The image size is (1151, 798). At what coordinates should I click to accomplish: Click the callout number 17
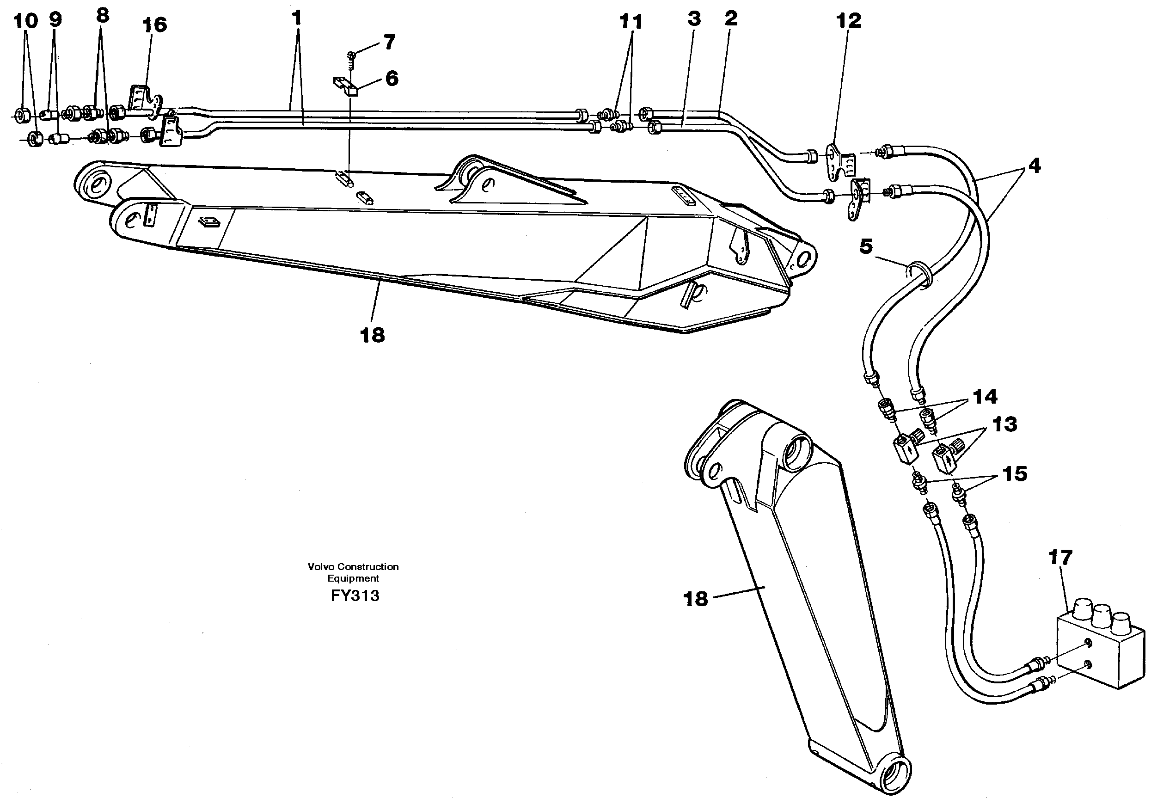pos(1060,558)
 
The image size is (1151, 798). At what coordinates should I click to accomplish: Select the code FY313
pos(355,596)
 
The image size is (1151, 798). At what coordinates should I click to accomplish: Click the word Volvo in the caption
pos(320,566)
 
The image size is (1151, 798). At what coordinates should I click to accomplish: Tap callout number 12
pos(849,20)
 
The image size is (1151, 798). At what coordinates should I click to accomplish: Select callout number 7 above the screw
pos(389,42)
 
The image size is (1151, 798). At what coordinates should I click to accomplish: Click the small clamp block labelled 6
pos(345,86)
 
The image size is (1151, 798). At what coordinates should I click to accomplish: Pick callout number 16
pos(154,25)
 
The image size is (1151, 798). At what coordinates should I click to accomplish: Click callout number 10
pos(25,21)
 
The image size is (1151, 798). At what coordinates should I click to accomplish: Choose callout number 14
pos(985,397)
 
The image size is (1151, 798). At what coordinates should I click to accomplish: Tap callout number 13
pos(1004,424)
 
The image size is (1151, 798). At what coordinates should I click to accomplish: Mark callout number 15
pos(1015,473)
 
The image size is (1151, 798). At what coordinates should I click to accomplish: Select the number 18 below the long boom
pos(372,335)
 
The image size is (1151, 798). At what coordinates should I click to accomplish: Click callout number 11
pos(630,22)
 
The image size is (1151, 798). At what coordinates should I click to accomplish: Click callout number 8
pos(102,16)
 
